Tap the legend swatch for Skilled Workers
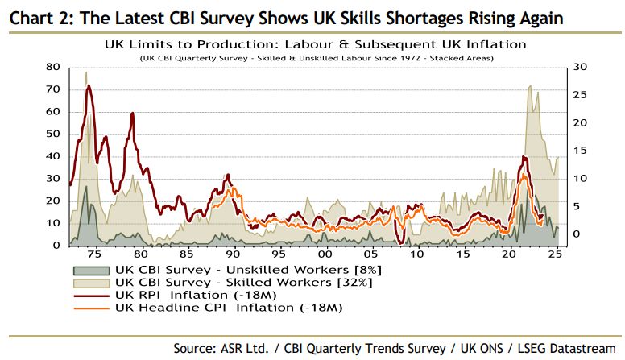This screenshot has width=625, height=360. pos(90,283)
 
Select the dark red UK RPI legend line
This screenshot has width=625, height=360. pos(90,296)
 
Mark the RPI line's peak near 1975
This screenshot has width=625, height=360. pos(88,85)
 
